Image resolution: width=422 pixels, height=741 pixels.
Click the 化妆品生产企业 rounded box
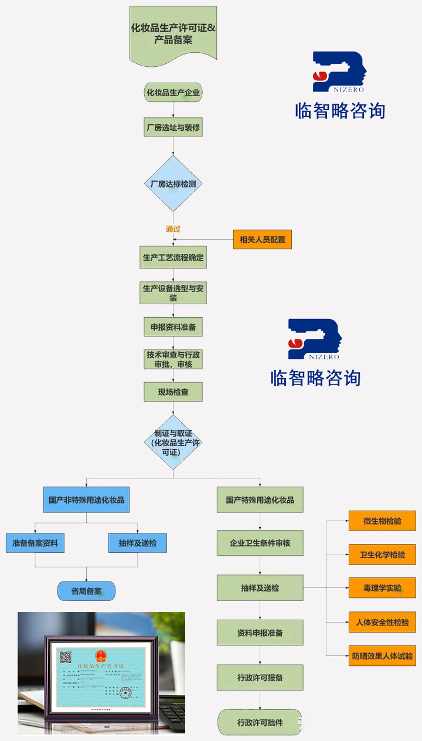point(173,93)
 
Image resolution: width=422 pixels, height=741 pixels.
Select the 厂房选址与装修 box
point(173,127)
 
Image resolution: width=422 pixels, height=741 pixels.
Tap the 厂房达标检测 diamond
point(173,183)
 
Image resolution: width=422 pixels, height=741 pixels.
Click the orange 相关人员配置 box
point(262,239)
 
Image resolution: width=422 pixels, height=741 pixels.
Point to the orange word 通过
point(173,229)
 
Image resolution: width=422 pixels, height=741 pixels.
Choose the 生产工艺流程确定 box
point(173,257)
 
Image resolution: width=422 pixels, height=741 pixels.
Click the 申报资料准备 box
point(173,327)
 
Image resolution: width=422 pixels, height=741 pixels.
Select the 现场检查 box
point(173,392)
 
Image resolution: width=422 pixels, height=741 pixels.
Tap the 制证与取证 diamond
point(173,443)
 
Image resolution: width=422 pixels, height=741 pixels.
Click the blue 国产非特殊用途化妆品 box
point(86,500)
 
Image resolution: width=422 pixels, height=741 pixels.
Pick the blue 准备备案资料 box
point(35,543)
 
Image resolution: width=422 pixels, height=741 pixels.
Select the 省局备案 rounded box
point(86,591)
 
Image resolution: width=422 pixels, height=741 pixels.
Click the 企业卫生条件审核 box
point(260,543)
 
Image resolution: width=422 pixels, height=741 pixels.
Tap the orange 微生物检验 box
point(382,521)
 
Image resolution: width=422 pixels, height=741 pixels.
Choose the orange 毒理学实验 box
point(382,588)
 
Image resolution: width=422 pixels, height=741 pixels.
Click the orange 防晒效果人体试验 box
point(382,655)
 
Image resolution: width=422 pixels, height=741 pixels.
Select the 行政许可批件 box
point(260,722)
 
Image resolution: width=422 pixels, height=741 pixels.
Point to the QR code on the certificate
point(65,657)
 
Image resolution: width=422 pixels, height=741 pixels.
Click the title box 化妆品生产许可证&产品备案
point(173,33)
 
